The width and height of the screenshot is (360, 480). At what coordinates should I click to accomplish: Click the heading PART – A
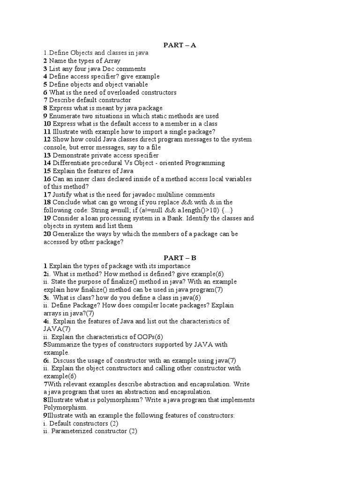(x=180, y=45)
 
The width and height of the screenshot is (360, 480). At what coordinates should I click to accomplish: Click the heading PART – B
(x=180, y=258)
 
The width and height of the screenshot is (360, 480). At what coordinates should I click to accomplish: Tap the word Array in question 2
(x=112, y=61)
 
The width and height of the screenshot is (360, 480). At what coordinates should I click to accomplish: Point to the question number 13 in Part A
(x=47, y=155)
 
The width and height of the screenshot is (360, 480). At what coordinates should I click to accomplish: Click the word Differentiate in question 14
(x=72, y=163)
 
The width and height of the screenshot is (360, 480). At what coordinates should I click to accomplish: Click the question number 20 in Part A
(x=47, y=234)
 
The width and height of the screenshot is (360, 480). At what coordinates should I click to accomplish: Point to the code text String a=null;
(x=111, y=210)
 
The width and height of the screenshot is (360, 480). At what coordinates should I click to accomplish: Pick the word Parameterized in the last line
(x=73, y=431)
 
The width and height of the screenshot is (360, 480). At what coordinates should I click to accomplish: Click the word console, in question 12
(x=57, y=147)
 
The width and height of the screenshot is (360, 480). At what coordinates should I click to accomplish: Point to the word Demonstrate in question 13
(x=74, y=155)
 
